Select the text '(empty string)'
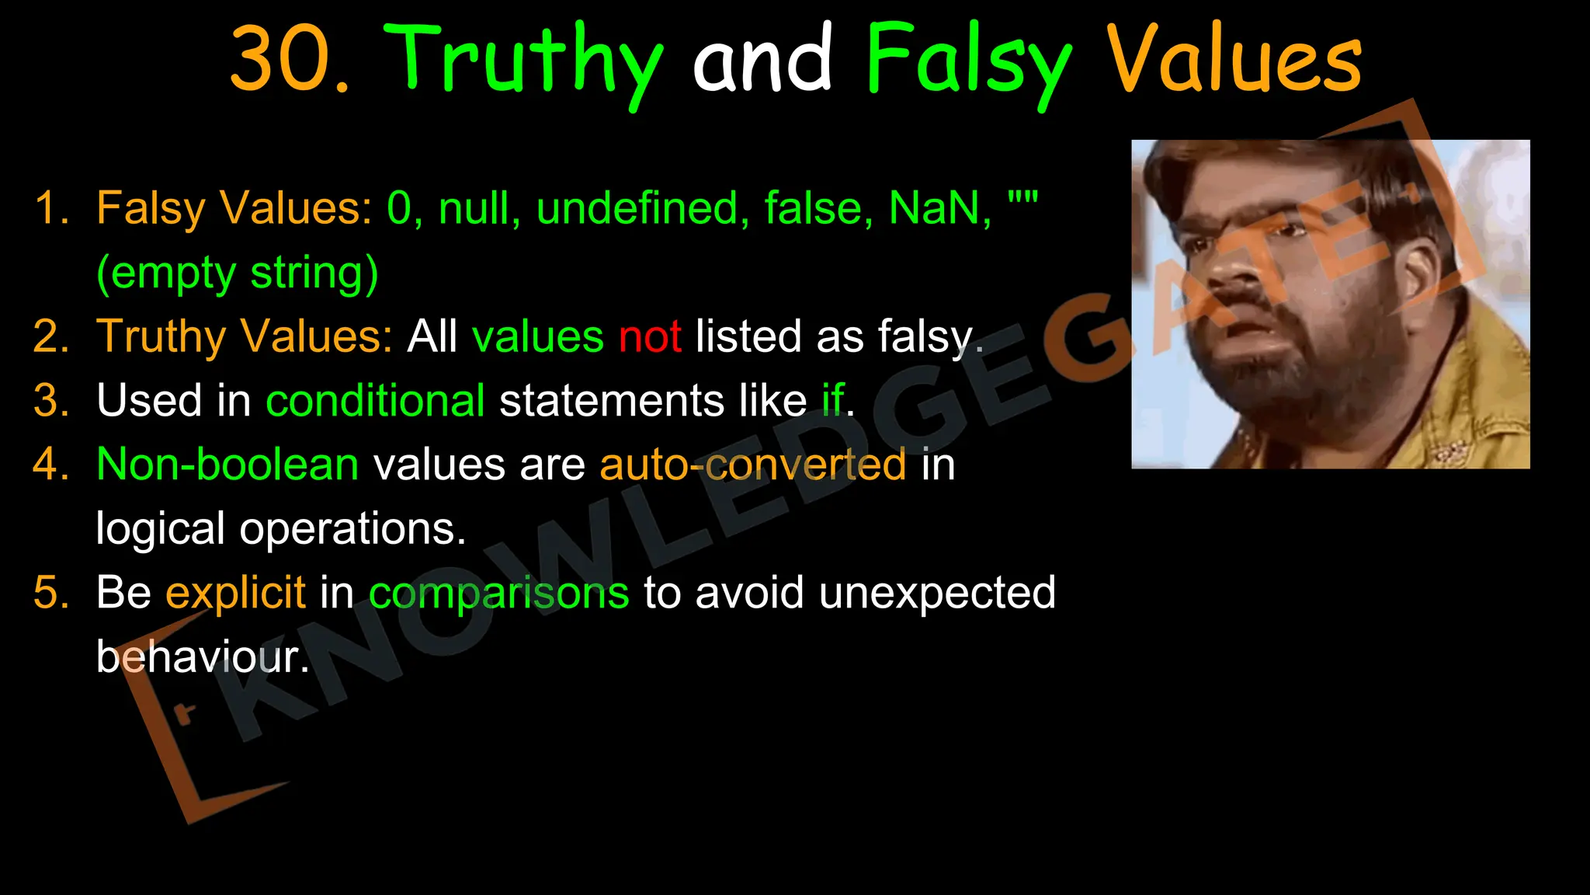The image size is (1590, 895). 238,273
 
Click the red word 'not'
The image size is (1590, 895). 650,337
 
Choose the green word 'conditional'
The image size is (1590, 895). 375,401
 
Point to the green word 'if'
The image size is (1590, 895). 833,401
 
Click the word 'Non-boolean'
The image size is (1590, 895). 227,465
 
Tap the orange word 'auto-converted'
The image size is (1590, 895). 752,465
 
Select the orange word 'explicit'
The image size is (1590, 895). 235,593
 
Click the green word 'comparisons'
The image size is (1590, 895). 498,593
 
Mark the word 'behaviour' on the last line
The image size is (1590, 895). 198,657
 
